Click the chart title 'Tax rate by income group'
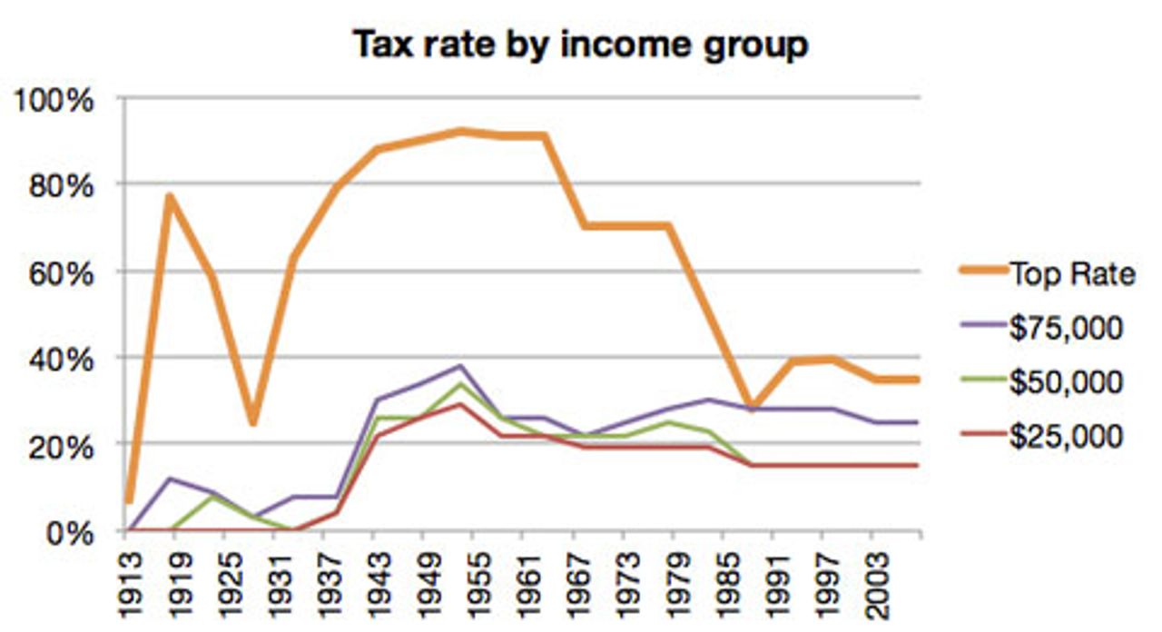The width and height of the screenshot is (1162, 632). [x=580, y=44]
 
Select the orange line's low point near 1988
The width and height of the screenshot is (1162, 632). [x=751, y=406]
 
